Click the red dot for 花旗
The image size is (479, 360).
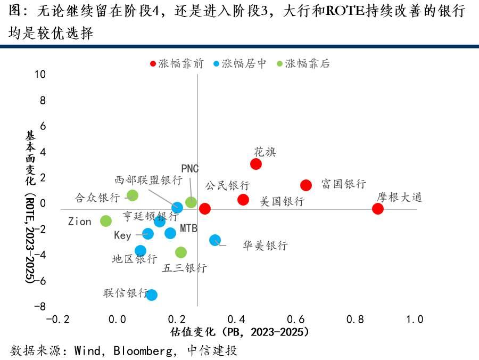(256, 164)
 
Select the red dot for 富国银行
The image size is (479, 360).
(306, 185)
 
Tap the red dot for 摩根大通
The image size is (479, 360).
(378, 209)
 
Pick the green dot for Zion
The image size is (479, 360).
(106, 221)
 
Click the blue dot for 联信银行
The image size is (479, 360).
(152, 295)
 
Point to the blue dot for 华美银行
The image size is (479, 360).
(215, 240)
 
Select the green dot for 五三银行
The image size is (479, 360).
(181, 252)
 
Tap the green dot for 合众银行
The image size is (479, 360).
(133, 195)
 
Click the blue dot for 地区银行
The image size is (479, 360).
(141, 251)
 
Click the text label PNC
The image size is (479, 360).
(190, 169)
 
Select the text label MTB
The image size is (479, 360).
(188, 228)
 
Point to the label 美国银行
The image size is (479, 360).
(282, 202)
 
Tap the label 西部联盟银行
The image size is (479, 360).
(149, 180)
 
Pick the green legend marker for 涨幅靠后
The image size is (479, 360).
(280, 64)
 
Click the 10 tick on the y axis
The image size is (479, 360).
(39, 75)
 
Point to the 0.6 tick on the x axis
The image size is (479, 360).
(295, 320)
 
